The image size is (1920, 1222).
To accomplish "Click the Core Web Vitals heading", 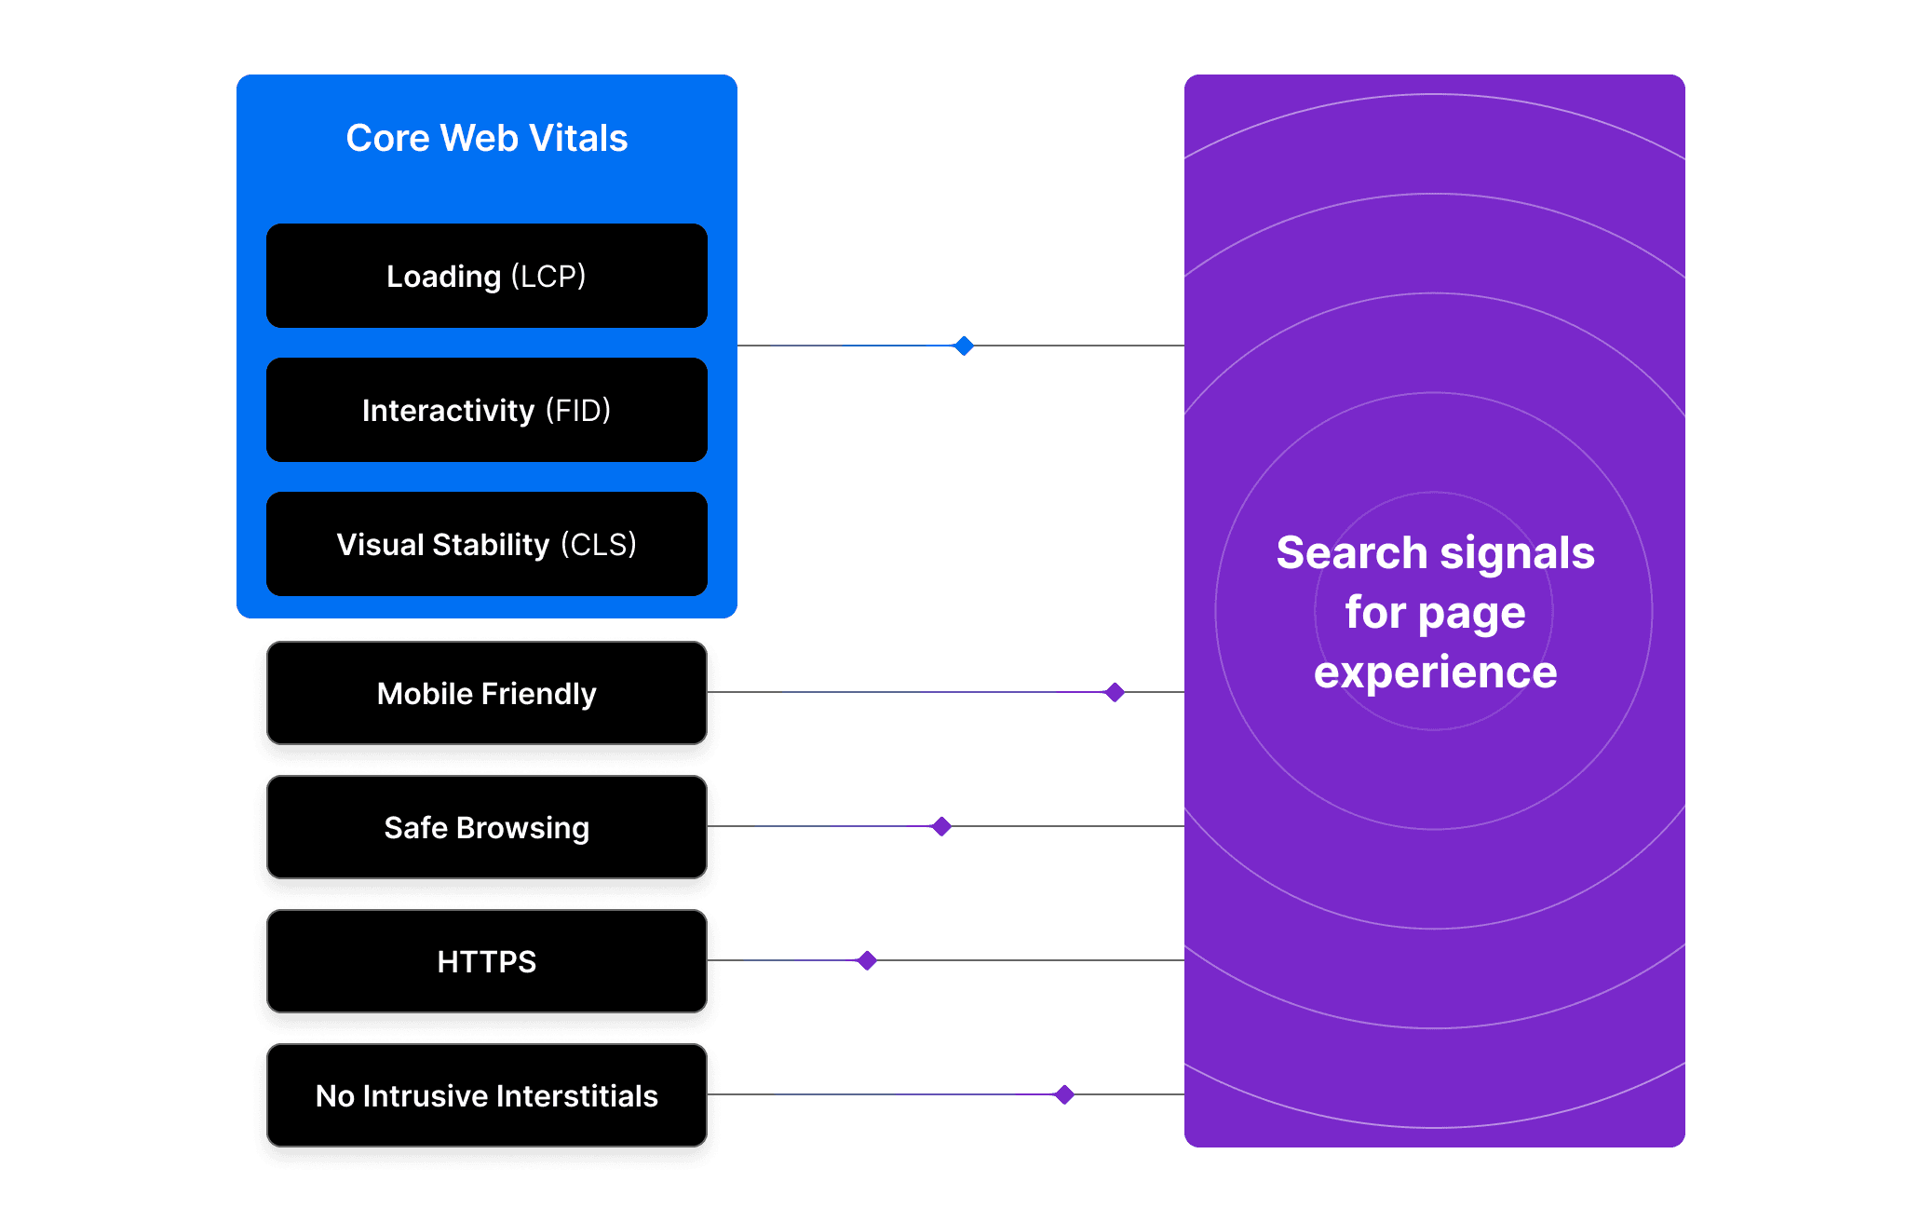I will tap(486, 138).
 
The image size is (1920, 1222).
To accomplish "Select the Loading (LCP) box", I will tap(486, 276).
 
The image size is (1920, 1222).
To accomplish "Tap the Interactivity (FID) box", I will tap(486, 410).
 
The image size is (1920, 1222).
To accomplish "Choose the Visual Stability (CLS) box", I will tap(486, 544).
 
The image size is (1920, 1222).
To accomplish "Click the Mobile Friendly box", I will tap(486, 693).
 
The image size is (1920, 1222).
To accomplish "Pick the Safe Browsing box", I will tap(486, 827).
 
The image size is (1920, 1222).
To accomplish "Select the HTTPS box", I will tap(486, 961).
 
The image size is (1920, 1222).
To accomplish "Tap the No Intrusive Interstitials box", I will tap(486, 1095).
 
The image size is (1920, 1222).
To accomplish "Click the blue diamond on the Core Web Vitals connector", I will tap(964, 346).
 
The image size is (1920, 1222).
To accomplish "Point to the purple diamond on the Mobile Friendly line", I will tap(1115, 692).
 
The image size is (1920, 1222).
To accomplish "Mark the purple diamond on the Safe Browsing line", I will tap(941, 826).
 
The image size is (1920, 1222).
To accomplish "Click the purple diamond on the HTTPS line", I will tap(867, 960).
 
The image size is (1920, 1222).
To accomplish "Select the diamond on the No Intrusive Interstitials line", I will tap(1064, 1094).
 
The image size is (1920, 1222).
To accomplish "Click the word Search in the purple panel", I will tap(1351, 552).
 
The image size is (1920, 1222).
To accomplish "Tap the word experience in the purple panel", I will tap(1435, 672).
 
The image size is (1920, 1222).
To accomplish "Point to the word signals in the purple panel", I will tap(1517, 554).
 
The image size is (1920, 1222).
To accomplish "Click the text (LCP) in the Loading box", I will tap(548, 276).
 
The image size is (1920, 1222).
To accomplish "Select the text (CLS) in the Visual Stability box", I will tap(599, 544).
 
